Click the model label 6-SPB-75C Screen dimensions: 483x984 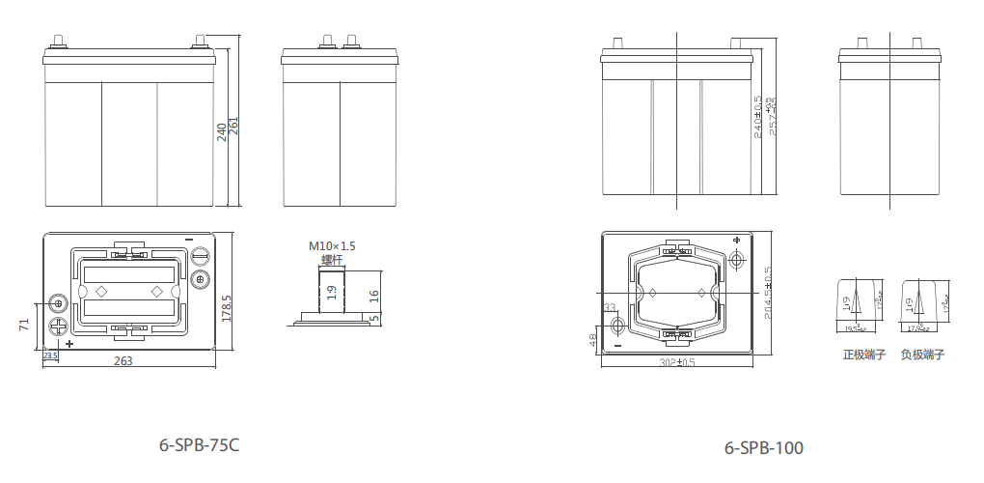199,445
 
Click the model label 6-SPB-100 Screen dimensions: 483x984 763,448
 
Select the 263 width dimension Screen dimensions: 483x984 123,361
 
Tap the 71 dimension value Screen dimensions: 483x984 23,326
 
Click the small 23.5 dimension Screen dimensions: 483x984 51,355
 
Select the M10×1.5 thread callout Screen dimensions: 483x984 332,246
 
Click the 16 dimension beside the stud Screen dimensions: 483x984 374,295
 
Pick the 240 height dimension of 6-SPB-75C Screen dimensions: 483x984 222,131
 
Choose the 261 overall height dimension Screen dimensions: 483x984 233,126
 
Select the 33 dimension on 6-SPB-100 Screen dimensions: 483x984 609,307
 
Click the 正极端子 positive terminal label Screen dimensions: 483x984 864,355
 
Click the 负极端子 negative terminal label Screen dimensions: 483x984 922,355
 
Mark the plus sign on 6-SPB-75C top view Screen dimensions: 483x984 69,344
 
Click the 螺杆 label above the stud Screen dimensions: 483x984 332,259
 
